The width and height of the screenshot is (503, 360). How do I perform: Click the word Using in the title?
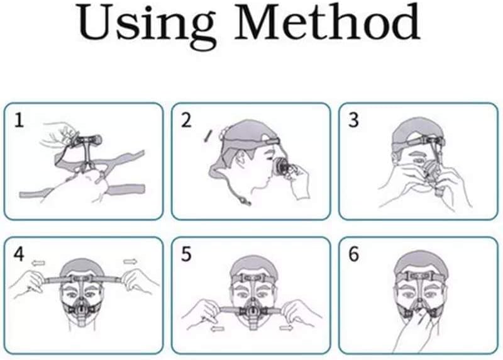(146, 26)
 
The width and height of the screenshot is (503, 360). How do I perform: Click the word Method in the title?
(328, 22)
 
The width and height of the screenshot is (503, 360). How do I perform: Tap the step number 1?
(19, 121)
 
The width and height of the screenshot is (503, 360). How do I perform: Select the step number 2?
(186, 121)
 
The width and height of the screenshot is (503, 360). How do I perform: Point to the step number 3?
(353, 121)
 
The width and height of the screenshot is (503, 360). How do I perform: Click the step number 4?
(19, 254)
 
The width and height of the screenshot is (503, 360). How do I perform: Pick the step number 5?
(186, 254)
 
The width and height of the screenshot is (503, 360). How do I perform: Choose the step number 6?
(353, 254)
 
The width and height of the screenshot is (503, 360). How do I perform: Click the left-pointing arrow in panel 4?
(38, 263)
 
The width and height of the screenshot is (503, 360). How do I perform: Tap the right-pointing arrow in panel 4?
(130, 262)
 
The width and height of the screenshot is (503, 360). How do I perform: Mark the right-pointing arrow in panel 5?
(286, 327)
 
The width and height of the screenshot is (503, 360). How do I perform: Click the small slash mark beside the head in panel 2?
(207, 135)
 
